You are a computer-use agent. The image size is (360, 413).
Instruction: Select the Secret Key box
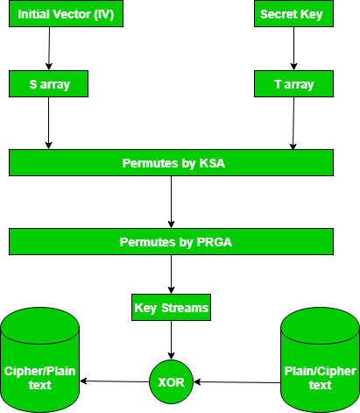point(293,15)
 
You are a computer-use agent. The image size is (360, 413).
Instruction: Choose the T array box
point(293,84)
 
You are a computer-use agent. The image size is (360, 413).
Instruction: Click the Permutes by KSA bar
point(171,162)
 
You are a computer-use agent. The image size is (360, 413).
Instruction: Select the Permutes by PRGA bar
point(171,241)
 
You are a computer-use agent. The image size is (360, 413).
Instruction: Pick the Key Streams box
point(171,309)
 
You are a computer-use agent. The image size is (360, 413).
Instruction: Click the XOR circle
point(172,381)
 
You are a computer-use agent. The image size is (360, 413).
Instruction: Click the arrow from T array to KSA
point(293,123)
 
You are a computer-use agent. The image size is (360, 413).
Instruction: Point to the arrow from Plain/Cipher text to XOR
point(236,382)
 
